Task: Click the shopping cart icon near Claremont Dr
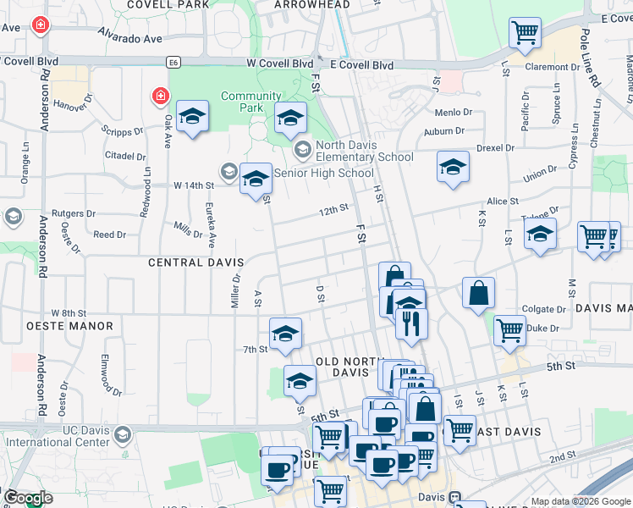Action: (x=525, y=33)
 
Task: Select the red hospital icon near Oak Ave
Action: (x=159, y=97)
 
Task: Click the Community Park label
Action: (x=251, y=102)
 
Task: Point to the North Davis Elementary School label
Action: (x=364, y=151)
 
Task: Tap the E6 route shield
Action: (x=173, y=62)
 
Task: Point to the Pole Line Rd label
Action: (x=590, y=58)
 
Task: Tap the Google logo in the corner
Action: (x=27, y=498)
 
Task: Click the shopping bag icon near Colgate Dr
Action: (x=479, y=292)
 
